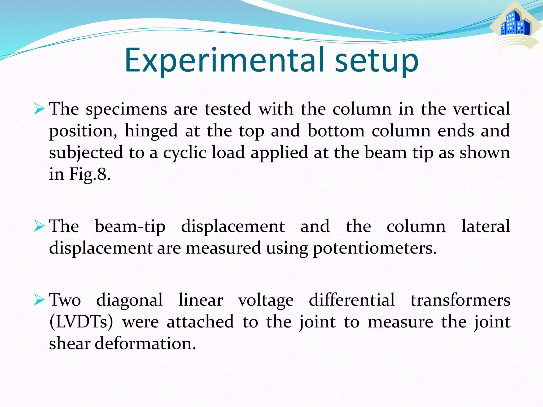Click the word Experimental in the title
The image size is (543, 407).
224,60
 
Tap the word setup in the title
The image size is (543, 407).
376,60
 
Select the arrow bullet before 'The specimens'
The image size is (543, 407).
39,109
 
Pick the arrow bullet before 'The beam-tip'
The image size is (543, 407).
39,227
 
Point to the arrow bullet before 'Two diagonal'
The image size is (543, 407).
39,300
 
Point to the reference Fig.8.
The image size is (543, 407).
90,175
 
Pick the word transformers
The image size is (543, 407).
460,300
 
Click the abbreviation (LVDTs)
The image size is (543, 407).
81,322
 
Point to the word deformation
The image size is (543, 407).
145,344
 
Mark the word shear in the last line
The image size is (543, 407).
70,344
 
